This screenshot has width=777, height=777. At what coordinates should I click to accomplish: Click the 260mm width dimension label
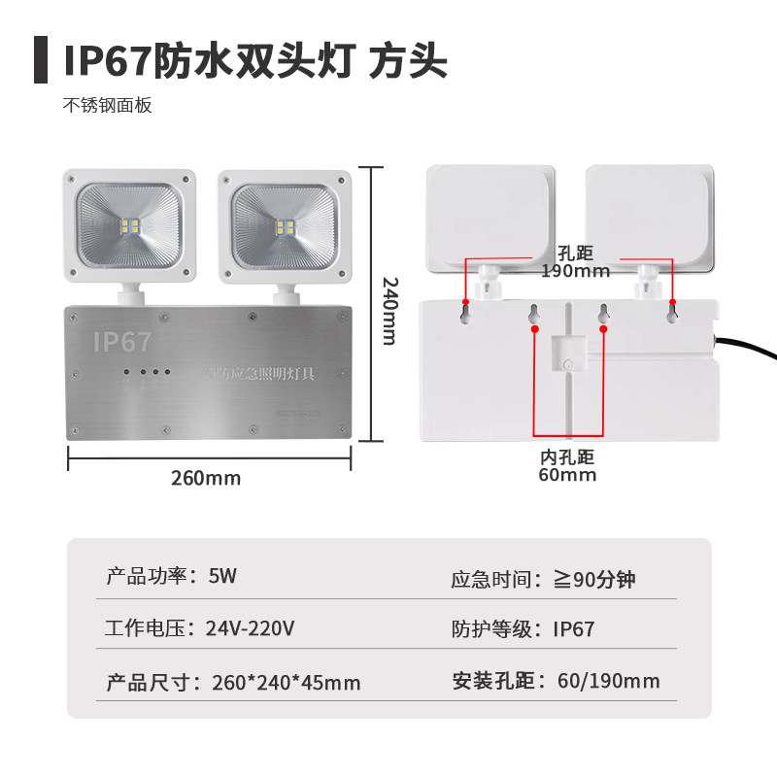tap(206, 478)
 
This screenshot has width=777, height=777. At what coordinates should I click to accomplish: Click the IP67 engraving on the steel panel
tap(122, 342)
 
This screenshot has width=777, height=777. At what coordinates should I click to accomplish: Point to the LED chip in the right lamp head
tap(285, 227)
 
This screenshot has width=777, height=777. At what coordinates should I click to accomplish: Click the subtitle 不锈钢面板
tap(108, 106)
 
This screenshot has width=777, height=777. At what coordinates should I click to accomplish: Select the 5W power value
tap(222, 576)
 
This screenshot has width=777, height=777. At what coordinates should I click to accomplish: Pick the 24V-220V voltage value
tap(250, 628)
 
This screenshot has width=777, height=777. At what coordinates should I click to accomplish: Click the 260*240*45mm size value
tap(286, 683)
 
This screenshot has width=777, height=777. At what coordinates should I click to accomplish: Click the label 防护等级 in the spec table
tap(493, 629)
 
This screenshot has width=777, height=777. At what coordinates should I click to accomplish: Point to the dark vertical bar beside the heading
tap(40, 60)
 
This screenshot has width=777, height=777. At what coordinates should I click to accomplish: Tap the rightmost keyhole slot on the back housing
tap(671, 313)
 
